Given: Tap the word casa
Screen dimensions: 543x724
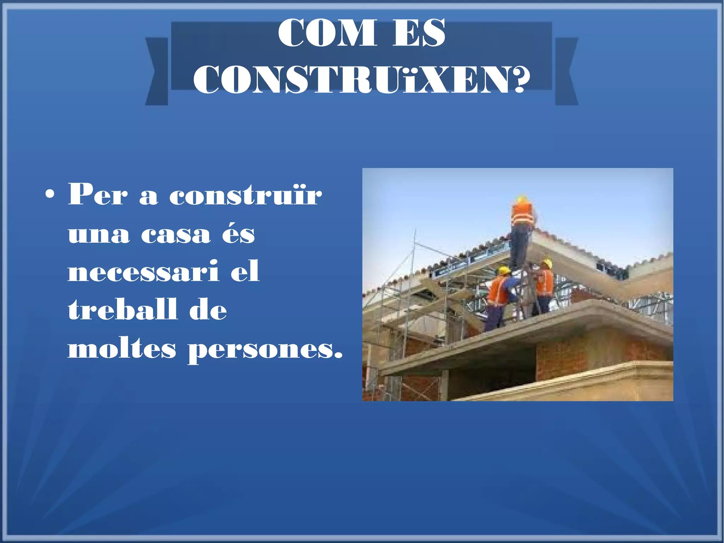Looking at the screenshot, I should tap(176, 234).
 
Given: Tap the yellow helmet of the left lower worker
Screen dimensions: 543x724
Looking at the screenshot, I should tap(504, 270).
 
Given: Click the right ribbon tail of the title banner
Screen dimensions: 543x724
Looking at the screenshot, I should tap(566, 71).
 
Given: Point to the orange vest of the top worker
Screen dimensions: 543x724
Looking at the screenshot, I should tap(522, 212).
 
